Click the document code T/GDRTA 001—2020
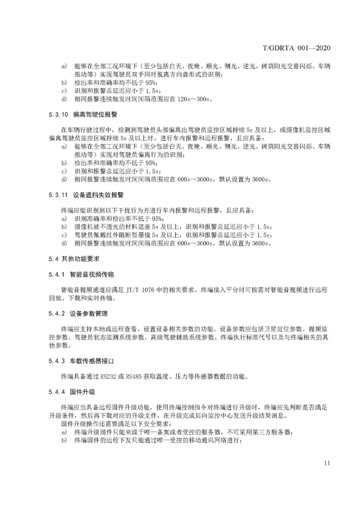296,48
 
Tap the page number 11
327,463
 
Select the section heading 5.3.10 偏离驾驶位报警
83,114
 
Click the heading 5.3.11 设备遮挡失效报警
86,195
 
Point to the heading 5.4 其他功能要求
74,258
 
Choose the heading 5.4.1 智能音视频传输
81,274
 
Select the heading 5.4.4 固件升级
72,392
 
